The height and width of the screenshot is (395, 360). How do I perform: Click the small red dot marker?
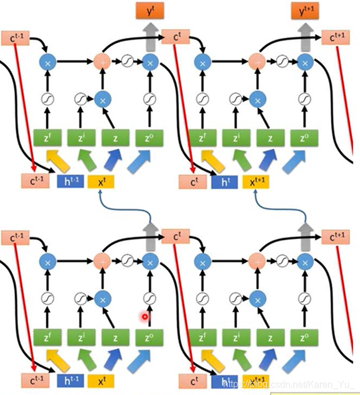click(x=145, y=316)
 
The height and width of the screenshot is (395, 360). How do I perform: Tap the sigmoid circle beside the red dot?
click(x=150, y=299)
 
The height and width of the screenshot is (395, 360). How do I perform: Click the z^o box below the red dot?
click(x=150, y=337)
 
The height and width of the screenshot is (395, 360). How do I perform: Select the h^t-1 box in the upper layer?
click(x=70, y=181)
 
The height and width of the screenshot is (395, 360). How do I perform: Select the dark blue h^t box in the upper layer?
click(x=225, y=181)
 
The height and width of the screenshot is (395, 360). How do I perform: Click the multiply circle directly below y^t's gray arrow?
click(x=150, y=61)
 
